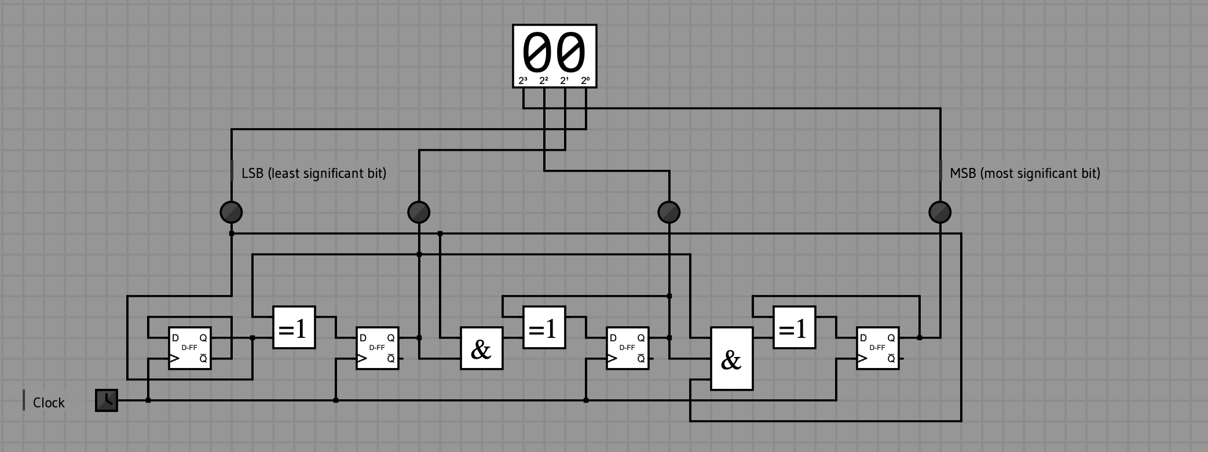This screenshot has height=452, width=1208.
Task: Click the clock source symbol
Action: pyautogui.click(x=107, y=400)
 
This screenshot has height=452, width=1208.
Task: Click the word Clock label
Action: pyautogui.click(x=49, y=403)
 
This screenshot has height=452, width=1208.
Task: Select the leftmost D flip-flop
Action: pyautogui.click(x=190, y=348)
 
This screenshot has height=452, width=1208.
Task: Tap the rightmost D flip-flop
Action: pyautogui.click(x=877, y=348)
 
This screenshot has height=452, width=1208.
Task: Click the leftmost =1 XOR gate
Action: pyautogui.click(x=294, y=327)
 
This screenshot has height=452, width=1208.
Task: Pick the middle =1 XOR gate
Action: pyautogui.click(x=544, y=327)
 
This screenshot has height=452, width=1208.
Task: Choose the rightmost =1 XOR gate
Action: pyautogui.click(x=794, y=327)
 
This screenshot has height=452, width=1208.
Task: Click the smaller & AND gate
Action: pyautogui.click(x=481, y=348)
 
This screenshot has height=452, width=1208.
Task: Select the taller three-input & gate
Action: pyautogui.click(x=731, y=359)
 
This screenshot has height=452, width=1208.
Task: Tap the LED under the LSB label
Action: pyautogui.click(x=232, y=212)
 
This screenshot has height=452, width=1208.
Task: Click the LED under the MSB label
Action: pyautogui.click(x=940, y=212)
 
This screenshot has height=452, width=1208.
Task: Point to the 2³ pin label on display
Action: pyautogui.click(x=523, y=81)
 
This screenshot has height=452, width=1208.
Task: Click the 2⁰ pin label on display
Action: pyautogui.click(x=585, y=81)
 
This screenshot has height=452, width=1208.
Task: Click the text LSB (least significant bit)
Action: pyautogui.click(x=314, y=173)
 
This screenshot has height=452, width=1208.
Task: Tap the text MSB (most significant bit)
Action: pyautogui.click(x=1025, y=173)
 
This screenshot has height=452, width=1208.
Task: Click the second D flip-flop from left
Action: pyautogui.click(x=377, y=348)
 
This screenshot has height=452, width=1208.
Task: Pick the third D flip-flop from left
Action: pyautogui.click(x=627, y=348)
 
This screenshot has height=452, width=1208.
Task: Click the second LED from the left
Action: pyautogui.click(x=419, y=212)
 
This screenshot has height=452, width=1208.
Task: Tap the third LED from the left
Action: pyautogui.click(x=669, y=212)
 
